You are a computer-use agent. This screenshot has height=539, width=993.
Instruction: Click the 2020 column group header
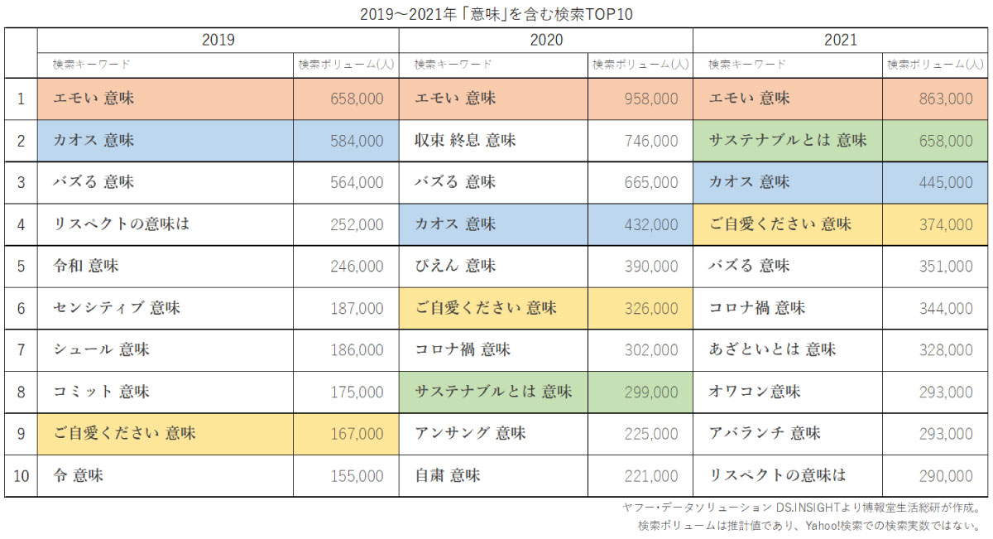(x=545, y=40)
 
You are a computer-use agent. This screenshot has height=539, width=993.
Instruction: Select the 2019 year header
(x=218, y=40)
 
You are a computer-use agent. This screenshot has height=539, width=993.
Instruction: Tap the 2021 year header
(x=840, y=40)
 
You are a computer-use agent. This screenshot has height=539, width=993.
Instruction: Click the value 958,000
(x=650, y=99)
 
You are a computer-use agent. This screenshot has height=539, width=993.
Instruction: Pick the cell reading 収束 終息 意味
(x=465, y=141)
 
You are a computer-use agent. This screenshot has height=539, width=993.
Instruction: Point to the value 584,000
(x=356, y=141)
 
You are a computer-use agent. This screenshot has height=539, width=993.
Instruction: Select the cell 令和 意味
(x=86, y=267)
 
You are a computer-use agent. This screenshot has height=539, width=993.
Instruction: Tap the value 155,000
(x=356, y=476)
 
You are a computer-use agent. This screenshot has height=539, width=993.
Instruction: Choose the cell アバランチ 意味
(x=765, y=434)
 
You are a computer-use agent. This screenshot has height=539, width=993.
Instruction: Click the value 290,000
(x=946, y=476)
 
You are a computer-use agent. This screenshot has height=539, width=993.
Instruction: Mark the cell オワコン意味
(x=755, y=392)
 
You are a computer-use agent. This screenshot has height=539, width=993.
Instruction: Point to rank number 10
(x=21, y=476)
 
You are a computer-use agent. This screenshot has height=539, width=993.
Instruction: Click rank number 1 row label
(x=21, y=99)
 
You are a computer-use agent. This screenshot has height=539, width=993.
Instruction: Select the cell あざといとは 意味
(x=772, y=350)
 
